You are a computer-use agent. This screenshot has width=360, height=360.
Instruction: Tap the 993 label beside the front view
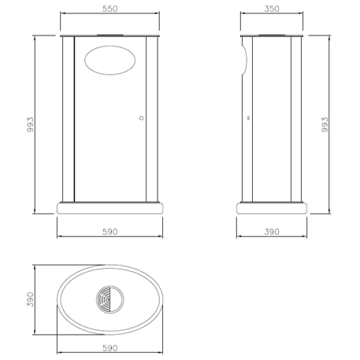coord(29,124)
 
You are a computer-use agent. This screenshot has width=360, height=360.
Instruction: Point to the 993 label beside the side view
coord(325,124)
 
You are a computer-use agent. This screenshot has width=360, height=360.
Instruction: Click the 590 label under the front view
coord(109,232)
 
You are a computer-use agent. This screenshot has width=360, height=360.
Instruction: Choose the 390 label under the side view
coord(272,232)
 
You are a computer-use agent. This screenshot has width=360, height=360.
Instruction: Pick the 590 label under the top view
coord(109,347)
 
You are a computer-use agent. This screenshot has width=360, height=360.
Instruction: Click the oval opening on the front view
coord(109,60)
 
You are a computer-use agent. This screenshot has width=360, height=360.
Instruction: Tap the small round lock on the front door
coord(141,118)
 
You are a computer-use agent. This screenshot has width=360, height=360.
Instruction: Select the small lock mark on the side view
coord(249,118)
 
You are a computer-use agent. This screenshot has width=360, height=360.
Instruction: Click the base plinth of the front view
coord(109,209)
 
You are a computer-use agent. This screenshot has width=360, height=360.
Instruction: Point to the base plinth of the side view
coord(272,209)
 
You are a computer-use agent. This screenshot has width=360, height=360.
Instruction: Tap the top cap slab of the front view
coord(109,36)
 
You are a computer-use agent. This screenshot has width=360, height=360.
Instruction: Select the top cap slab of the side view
coord(272,36)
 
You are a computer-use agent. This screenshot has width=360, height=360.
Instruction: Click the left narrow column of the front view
coord(68,118)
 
